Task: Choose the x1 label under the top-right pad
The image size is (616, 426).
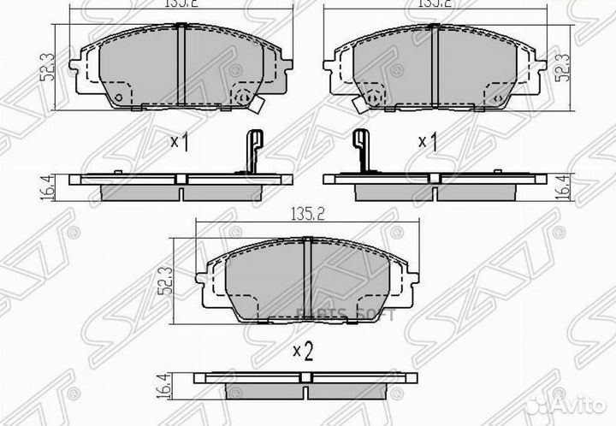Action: click(428, 142)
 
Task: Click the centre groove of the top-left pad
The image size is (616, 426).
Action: click(182, 65)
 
